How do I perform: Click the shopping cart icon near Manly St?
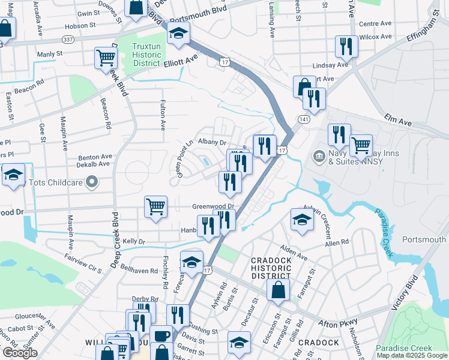(x=105, y=58)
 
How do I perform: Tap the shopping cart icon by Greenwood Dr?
(x=155, y=207)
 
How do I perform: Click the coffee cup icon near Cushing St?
(x=161, y=335)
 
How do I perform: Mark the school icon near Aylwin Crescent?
(x=302, y=220)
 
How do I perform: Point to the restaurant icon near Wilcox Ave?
(x=346, y=46)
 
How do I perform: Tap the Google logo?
(x=20, y=353)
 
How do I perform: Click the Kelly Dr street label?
(x=134, y=241)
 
